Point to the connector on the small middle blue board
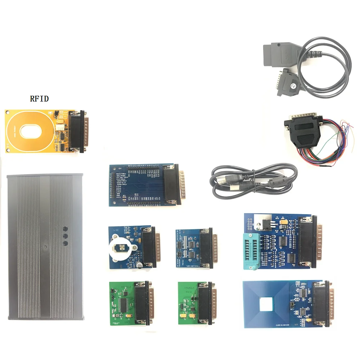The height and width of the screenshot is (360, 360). (208, 248)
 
